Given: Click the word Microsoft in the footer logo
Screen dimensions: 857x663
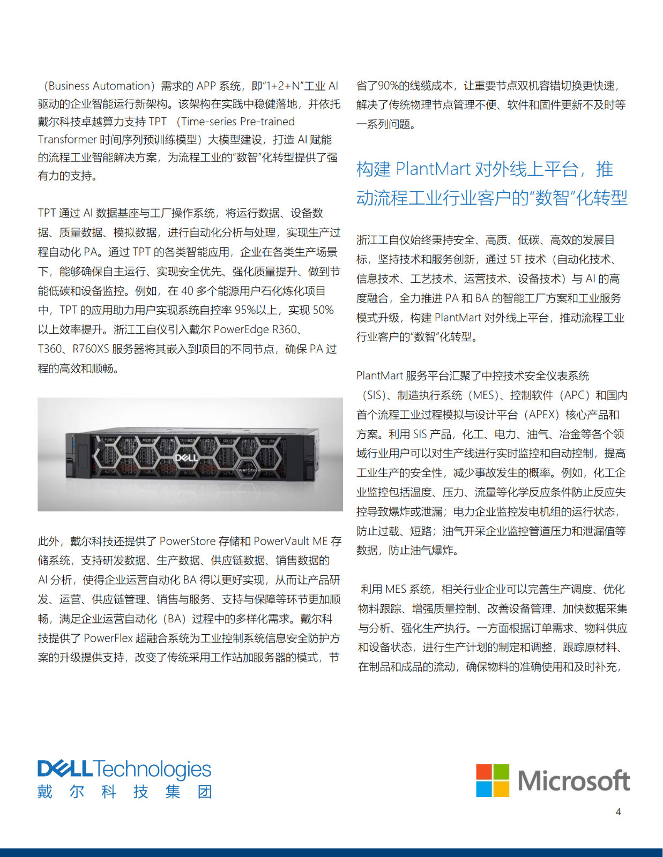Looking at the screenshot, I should [x=573, y=780].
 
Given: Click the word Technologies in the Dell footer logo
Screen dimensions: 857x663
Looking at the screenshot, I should [x=153, y=770].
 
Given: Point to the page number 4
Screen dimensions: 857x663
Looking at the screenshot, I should [x=618, y=812].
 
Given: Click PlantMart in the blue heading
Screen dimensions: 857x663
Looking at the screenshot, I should [x=433, y=169].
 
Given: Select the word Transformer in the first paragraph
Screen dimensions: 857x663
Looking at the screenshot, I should [x=67, y=140].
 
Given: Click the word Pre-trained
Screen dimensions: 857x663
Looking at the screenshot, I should [x=267, y=122].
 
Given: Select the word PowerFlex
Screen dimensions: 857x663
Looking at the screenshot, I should [x=108, y=638].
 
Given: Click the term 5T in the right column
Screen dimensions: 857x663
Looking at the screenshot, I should [x=516, y=260].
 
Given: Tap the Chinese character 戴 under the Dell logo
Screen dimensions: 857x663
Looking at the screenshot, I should [x=45, y=792].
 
